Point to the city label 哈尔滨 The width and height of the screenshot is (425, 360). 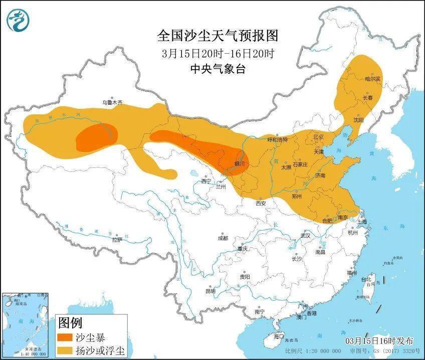372,79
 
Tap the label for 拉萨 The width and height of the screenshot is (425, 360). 117,240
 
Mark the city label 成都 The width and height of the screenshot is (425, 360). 223,238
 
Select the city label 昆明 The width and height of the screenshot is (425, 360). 210,291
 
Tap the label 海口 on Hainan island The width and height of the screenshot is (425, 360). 279,336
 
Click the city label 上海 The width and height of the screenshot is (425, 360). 361,221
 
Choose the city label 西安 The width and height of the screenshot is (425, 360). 261,203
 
